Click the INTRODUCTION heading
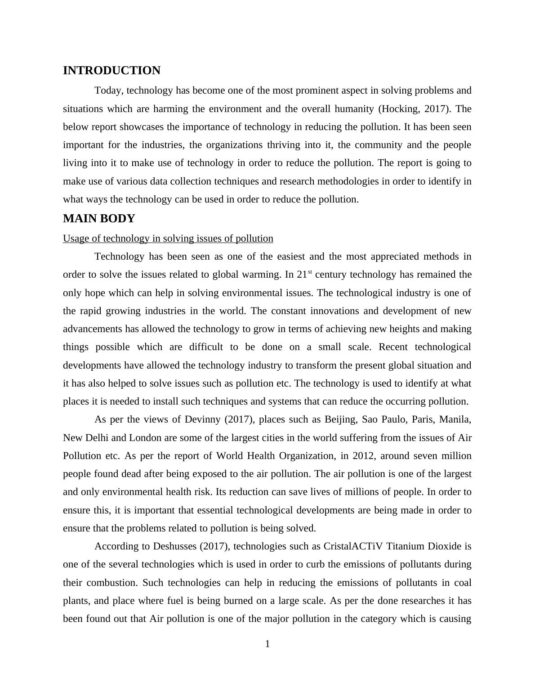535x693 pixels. click(x=111, y=71)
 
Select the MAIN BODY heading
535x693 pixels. click(x=99, y=219)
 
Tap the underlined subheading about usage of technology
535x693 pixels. click(x=168, y=238)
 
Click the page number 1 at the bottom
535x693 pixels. click(x=267, y=644)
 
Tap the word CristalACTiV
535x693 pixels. click(x=353, y=546)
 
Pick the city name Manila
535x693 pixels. click(x=455, y=419)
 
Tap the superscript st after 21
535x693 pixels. click(x=310, y=272)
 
